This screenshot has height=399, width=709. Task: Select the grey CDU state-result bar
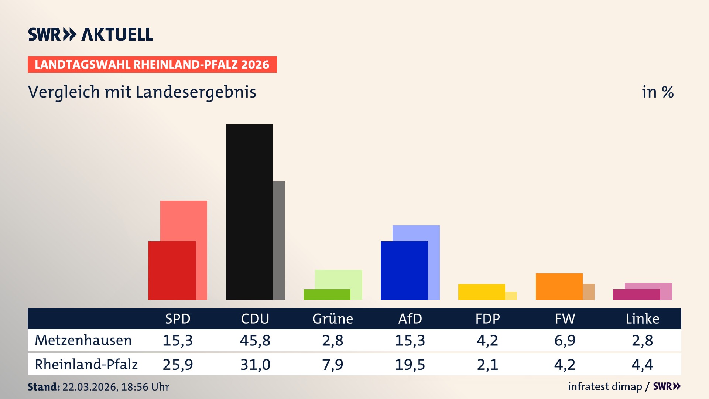[279, 240]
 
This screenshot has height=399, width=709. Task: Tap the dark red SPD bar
[172, 270]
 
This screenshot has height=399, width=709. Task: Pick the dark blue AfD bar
[404, 270]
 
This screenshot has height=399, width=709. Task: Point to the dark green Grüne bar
[327, 294]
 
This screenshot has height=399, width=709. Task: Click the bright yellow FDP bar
[482, 292]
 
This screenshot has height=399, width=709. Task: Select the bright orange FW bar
[559, 286]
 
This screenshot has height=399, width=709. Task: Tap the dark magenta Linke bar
[636, 294]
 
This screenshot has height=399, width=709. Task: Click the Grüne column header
[332, 318]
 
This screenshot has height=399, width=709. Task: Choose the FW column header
[565, 318]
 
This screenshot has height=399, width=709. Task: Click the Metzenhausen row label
[83, 340]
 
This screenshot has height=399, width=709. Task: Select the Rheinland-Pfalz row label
[86, 364]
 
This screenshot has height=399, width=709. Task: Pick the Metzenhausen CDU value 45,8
[255, 340]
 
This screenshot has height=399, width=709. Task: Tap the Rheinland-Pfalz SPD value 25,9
[178, 365]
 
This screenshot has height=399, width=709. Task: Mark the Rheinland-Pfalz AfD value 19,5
[410, 365]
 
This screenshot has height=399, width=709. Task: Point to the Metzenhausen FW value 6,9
[565, 340]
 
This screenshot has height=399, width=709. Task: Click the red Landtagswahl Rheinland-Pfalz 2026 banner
[152, 64]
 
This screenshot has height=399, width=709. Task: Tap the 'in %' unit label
[657, 92]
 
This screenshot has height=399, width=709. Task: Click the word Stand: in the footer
[44, 387]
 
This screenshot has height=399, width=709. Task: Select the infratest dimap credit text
[605, 386]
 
